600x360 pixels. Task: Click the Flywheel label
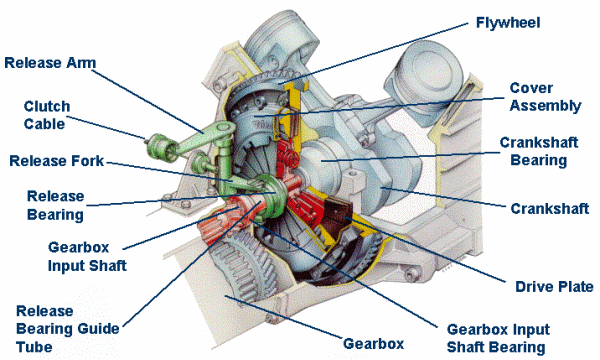point(508,23)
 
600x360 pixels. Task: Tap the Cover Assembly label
point(545,97)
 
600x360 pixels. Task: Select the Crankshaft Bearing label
point(539,151)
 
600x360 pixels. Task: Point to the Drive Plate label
point(554,286)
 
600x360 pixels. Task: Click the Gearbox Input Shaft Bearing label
point(498,338)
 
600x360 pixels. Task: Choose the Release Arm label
point(50,63)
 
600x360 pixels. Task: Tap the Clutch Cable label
point(47,115)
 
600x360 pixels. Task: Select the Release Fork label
point(57,161)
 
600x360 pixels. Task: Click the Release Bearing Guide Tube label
point(68,329)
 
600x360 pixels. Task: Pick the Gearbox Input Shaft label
point(87,256)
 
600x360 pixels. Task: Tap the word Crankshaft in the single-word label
point(549,209)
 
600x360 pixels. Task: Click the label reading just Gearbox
point(373,344)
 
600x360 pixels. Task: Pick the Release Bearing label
point(55,205)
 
